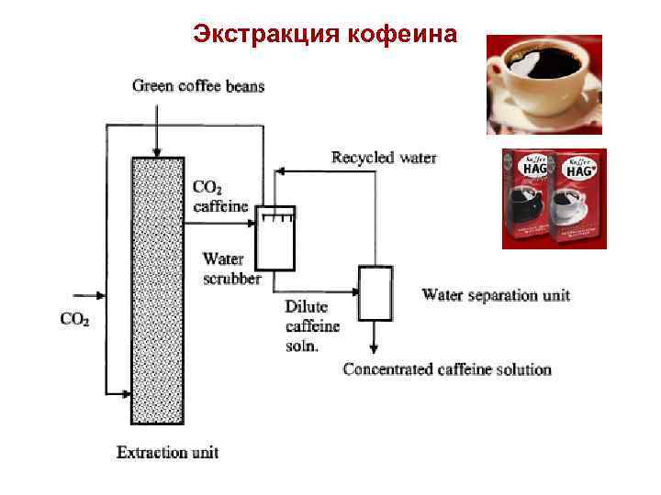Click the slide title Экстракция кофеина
[325, 35]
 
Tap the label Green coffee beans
[198, 86]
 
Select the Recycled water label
[384, 158]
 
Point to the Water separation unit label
[496, 295]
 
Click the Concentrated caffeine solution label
[447, 369]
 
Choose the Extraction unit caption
[167, 452]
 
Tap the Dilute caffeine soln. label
[312, 325]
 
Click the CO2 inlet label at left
[74, 319]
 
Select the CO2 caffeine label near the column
[220, 196]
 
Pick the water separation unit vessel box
[375, 293]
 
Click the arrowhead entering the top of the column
[158, 150]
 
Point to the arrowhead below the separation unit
[375, 349]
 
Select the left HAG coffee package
[527, 196]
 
